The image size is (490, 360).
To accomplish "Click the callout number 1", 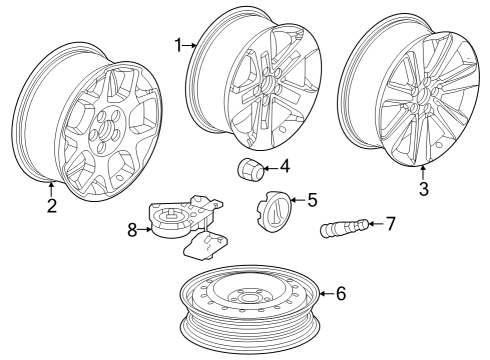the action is (x=179, y=45).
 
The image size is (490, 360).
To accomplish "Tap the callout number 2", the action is (x=52, y=206).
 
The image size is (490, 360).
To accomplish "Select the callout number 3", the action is (x=424, y=189).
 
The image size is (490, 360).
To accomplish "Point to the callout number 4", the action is (x=285, y=166).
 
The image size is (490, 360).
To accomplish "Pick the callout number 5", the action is (x=312, y=200).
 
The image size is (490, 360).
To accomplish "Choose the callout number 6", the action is (x=341, y=294).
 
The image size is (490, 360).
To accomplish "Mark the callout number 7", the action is (x=390, y=224).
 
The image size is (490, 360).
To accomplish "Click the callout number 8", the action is (x=132, y=230).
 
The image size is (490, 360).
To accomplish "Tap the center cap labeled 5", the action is (x=274, y=210).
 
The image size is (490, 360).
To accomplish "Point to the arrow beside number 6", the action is (x=327, y=294).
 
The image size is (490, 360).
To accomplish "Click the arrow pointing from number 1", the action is (x=190, y=45).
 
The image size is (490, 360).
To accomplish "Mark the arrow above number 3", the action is (x=423, y=173).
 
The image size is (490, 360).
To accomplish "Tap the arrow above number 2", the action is (x=51, y=189).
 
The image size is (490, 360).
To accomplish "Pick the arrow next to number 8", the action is (x=145, y=229).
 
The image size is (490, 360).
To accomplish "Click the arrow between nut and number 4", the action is (x=271, y=168).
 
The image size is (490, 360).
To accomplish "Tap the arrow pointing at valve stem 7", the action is (x=376, y=223).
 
